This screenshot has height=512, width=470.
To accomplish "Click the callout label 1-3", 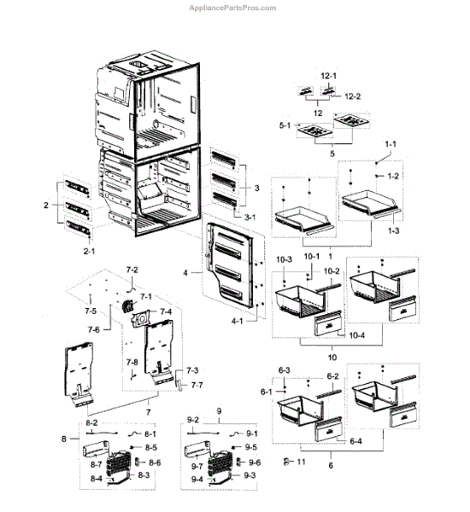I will click(x=393, y=232).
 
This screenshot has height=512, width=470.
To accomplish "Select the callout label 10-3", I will click(x=283, y=259).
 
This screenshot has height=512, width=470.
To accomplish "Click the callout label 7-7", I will click(x=197, y=386).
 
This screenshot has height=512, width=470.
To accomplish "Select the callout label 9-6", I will click(x=254, y=462).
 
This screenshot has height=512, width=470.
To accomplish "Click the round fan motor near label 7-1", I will click(x=131, y=309).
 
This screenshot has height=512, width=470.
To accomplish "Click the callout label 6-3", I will click(x=285, y=369).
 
